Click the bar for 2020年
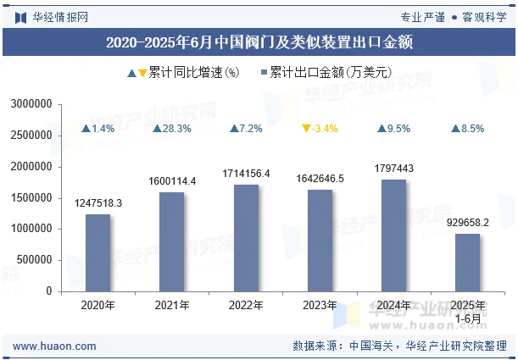click(97, 252)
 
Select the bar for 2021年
click(171, 241)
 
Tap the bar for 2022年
click(246, 238)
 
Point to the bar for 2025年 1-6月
click(468, 263)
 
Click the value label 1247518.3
click(97, 203)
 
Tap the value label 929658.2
click(468, 223)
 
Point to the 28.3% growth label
click(172, 129)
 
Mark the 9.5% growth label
click(394, 129)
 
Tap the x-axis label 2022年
click(246, 306)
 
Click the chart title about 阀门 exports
click(259, 42)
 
